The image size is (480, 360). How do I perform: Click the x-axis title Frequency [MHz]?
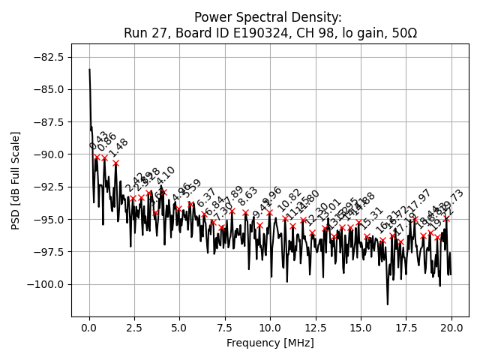coord(270,343)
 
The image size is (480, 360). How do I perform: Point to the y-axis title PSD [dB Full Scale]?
coord(16,180)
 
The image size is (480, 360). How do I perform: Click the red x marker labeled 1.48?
coord(116,163)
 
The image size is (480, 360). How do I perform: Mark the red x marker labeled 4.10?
coord(163,192)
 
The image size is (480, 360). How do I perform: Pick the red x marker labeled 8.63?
coord(245,212)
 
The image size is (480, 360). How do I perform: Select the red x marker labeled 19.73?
coord(446,218)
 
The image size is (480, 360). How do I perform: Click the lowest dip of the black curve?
coord(388,304)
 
